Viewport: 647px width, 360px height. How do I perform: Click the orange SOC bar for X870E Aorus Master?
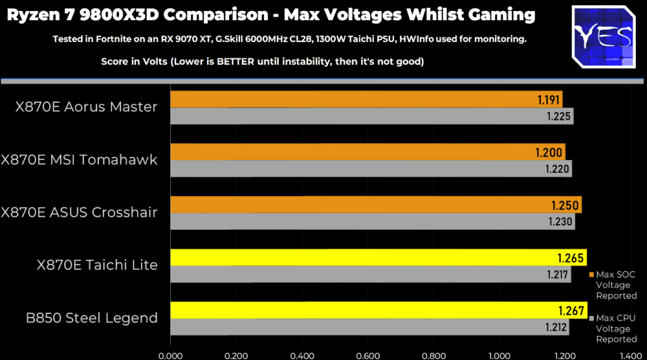pos(366,99)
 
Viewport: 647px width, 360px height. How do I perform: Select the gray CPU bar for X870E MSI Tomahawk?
pos(371,169)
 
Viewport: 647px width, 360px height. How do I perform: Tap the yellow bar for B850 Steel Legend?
pos(378,309)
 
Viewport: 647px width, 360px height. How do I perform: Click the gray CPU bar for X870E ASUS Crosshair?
pos(372,221)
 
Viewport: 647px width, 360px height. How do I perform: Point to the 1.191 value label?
pos(549,100)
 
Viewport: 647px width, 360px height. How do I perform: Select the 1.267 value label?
pos(571,309)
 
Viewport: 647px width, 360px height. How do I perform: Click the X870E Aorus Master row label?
pos(87,107)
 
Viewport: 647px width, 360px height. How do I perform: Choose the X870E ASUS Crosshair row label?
pos(79,212)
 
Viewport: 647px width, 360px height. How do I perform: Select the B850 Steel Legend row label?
pos(91,317)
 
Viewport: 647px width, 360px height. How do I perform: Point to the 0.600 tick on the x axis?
pos(367,355)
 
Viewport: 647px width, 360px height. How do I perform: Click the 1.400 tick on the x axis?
pos(631,355)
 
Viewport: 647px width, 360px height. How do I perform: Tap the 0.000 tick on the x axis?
pos(170,355)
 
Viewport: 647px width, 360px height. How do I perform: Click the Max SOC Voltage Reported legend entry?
pos(615,285)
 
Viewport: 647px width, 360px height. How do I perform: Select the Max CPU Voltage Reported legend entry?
pos(615,328)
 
